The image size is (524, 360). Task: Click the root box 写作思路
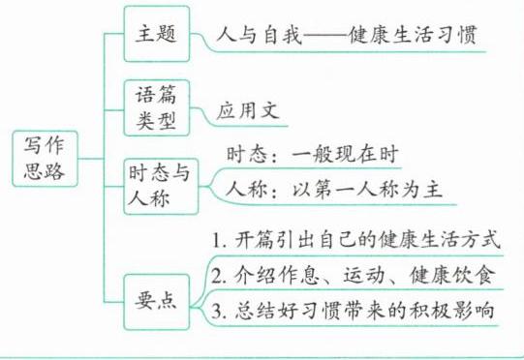coord(46,159)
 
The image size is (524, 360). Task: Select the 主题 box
coord(157,34)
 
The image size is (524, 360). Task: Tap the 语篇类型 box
coord(157,107)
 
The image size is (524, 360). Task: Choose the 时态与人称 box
coord(161,187)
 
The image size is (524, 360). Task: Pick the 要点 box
coord(157,302)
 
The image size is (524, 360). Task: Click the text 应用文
coord(248,110)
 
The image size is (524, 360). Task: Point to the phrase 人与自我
coord(259,35)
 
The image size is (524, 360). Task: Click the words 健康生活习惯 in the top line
coord(413,35)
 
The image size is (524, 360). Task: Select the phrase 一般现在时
coord(345,154)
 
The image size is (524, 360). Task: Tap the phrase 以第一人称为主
coord(368,190)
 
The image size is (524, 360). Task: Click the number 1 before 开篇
coord(217,240)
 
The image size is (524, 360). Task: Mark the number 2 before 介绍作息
coord(217,276)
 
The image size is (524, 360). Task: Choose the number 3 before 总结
coord(217,311)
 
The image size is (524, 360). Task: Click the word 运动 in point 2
coord(364,275)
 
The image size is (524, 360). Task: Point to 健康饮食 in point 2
coord(452,275)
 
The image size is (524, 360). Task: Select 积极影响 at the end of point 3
coord(452,311)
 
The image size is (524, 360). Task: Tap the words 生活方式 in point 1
coord(460,239)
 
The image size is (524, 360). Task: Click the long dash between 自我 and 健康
coord(325,36)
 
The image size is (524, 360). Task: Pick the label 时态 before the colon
coord(247,154)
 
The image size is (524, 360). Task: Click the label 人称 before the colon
coord(247,190)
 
